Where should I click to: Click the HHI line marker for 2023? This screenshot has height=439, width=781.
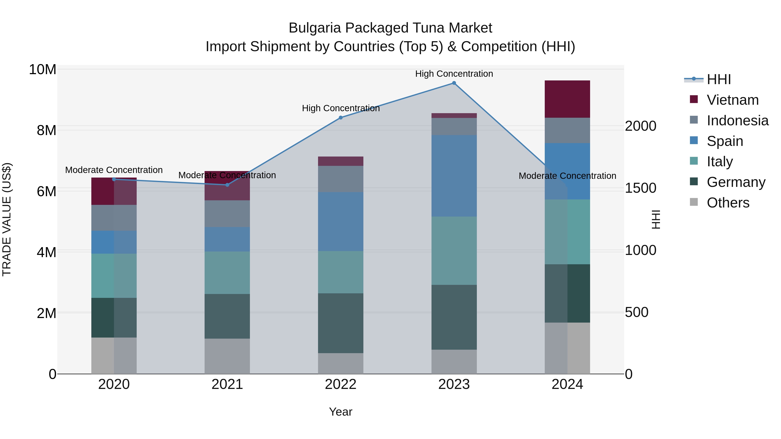click(454, 83)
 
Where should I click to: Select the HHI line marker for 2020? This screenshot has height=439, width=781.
click(114, 179)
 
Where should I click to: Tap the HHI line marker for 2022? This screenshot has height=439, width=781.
click(340, 118)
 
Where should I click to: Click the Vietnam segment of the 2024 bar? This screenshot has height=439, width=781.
click(567, 99)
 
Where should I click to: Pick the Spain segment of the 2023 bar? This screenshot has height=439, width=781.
click(454, 176)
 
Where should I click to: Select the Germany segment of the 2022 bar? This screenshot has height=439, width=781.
click(340, 323)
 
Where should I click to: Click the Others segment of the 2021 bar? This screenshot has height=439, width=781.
click(227, 356)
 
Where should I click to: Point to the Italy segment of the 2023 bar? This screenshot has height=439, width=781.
click(454, 251)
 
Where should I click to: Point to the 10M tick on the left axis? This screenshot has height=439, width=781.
click(43, 70)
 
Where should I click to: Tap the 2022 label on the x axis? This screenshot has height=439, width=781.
click(340, 384)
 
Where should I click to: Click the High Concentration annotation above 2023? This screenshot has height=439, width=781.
click(454, 74)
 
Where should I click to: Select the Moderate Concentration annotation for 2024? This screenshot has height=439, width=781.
click(567, 176)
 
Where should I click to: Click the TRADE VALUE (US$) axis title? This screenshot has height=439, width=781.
click(7, 219)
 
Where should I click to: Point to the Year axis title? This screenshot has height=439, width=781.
click(340, 412)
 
